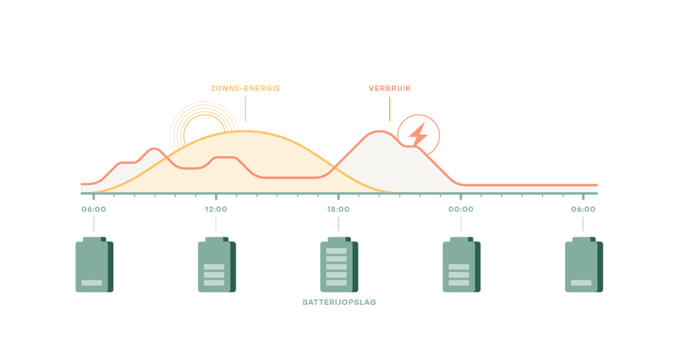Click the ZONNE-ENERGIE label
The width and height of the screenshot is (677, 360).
tap(245, 89)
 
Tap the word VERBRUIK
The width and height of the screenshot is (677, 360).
tap(389, 89)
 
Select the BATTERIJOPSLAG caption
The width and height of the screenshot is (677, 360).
tap(339, 302)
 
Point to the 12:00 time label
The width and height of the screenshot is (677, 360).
tap(216, 210)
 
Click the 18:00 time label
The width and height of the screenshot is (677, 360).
tap(338, 210)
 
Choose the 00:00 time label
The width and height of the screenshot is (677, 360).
tap(461, 210)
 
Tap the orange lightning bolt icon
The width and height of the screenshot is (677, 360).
tap(418, 134)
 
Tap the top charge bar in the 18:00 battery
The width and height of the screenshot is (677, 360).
tap(336, 251)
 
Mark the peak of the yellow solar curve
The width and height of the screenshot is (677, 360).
tap(244, 131)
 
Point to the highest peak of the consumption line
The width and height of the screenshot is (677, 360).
tap(379, 131)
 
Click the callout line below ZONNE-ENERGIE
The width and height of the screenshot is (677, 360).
tap(245, 108)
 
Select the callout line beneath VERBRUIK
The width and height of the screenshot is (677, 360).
tap(389, 108)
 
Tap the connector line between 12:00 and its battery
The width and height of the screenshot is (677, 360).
tap(216, 224)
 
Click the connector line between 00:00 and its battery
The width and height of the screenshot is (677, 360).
tap(461, 224)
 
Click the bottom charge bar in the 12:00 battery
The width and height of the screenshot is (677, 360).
tap(214, 283)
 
